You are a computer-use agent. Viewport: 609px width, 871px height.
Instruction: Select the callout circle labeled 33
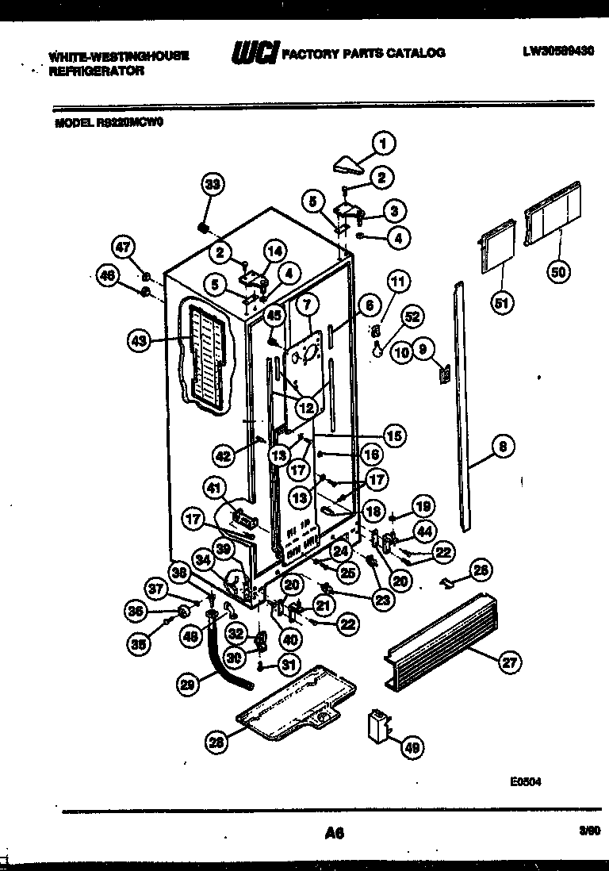pyautogui.click(x=212, y=184)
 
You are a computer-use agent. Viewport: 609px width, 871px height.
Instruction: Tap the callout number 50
pyautogui.click(x=560, y=272)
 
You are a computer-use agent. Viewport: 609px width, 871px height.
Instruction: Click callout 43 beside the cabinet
pyautogui.click(x=140, y=341)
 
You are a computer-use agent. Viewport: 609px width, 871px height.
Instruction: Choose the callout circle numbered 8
pyautogui.click(x=500, y=447)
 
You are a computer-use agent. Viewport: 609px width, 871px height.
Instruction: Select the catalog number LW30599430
pyautogui.click(x=558, y=52)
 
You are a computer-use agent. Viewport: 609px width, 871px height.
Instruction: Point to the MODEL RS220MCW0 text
pyautogui.click(x=109, y=123)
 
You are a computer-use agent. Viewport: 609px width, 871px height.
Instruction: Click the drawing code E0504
pyautogui.click(x=527, y=781)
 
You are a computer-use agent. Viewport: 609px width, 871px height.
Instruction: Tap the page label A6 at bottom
pyautogui.click(x=335, y=832)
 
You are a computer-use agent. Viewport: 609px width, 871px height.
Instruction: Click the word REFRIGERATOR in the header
pyautogui.click(x=96, y=70)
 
